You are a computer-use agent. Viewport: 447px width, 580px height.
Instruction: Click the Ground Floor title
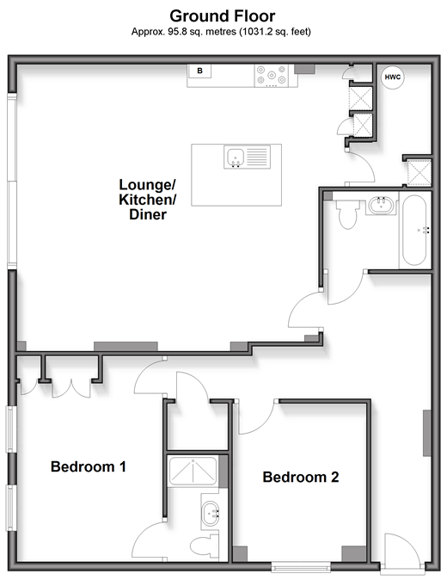pyautogui.click(x=223, y=16)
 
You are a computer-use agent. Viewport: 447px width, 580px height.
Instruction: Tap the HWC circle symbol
pyautogui.click(x=392, y=77)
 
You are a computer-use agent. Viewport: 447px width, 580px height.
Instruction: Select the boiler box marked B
pyautogui.click(x=199, y=71)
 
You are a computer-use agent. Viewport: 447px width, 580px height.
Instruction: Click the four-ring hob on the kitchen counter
pyautogui.click(x=272, y=76)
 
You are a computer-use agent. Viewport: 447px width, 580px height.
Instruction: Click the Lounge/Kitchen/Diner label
pyautogui.click(x=147, y=200)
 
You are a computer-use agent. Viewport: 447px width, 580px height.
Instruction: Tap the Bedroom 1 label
pyautogui.click(x=89, y=466)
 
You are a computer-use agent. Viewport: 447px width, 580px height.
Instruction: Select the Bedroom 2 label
pyautogui.click(x=301, y=478)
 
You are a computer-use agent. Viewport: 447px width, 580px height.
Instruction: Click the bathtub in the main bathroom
pyautogui.click(x=415, y=230)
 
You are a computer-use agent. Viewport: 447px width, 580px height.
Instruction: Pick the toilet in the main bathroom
pyautogui.click(x=348, y=213)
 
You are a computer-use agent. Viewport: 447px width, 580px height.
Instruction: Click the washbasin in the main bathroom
pyautogui.click(x=382, y=206)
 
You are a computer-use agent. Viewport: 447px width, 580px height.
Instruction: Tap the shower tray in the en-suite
pyautogui.click(x=193, y=471)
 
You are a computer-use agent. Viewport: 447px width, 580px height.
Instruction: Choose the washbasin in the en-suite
pyautogui.click(x=211, y=513)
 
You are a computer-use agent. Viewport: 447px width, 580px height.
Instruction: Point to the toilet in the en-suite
pyautogui.click(x=205, y=546)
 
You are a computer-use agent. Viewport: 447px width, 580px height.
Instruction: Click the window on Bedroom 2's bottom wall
pyautogui.click(x=301, y=567)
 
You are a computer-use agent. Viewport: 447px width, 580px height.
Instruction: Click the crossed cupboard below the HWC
pyautogui.click(x=419, y=172)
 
